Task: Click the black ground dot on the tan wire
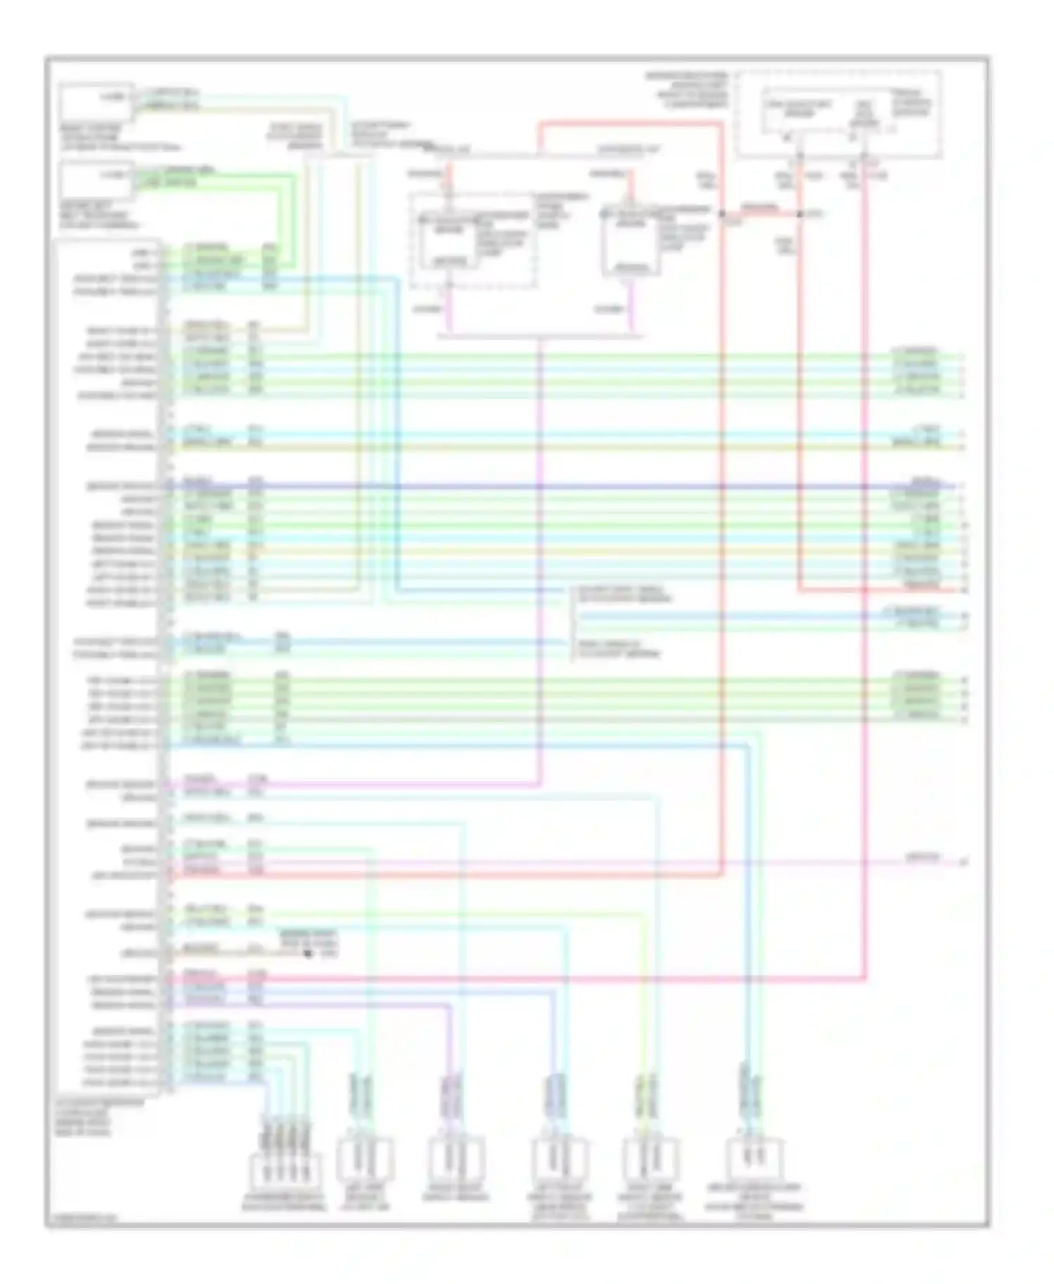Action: [x=308, y=953]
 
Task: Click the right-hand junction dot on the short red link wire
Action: [x=799, y=214]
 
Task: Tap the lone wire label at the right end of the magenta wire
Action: [x=921, y=857]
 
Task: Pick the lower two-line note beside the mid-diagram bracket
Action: [x=618, y=649]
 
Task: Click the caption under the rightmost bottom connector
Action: [x=755, y=1203]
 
